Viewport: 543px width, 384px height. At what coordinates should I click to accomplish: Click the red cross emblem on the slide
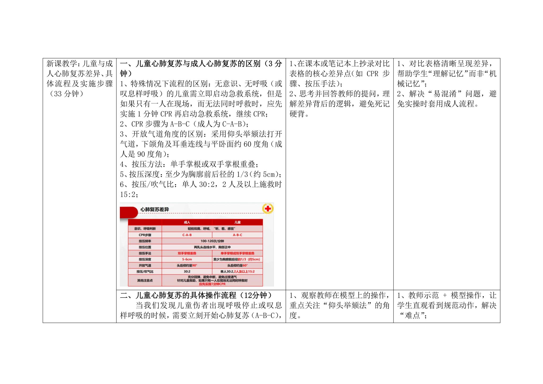pyautogui.click(x=268, y=209)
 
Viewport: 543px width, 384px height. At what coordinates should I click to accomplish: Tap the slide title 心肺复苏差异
pyautogui.click(x=155, y=210)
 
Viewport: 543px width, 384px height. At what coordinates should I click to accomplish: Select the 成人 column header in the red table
pyautogui.click(x=187, y=222)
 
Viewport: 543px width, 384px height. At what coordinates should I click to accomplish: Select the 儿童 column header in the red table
pyautogui.click(x=237, y=222)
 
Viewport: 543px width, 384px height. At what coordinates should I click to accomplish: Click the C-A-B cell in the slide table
pyautogui.click(x=187, y=235)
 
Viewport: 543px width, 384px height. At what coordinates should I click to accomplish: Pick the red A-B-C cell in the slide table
pyautogui.click(x=237, y=235)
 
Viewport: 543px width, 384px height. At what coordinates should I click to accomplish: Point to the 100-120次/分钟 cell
pyautogui.click(x=212, y=241)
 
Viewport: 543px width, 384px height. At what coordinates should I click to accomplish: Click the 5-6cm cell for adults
pyautogui.click(x=187, y=259)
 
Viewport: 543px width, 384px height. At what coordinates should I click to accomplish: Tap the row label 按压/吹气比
pyautogui.click(x=145, y=272)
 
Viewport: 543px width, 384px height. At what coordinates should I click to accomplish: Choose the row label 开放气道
pyautogui.click(x=145, y=265)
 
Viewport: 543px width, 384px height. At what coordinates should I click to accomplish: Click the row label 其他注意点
pyautogui.click(x=145, y=280)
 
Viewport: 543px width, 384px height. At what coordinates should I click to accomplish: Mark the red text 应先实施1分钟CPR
pyautogui.click(x=212, y=284)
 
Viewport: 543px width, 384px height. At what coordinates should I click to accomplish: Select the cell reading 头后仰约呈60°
pyautogui.click(x=237, y=265)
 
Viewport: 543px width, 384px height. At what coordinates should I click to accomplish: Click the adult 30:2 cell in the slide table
pyautogui.click(x=187, y=272)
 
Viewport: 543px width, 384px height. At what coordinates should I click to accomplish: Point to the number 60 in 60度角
pyautogui.click(x=247, y=144)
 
